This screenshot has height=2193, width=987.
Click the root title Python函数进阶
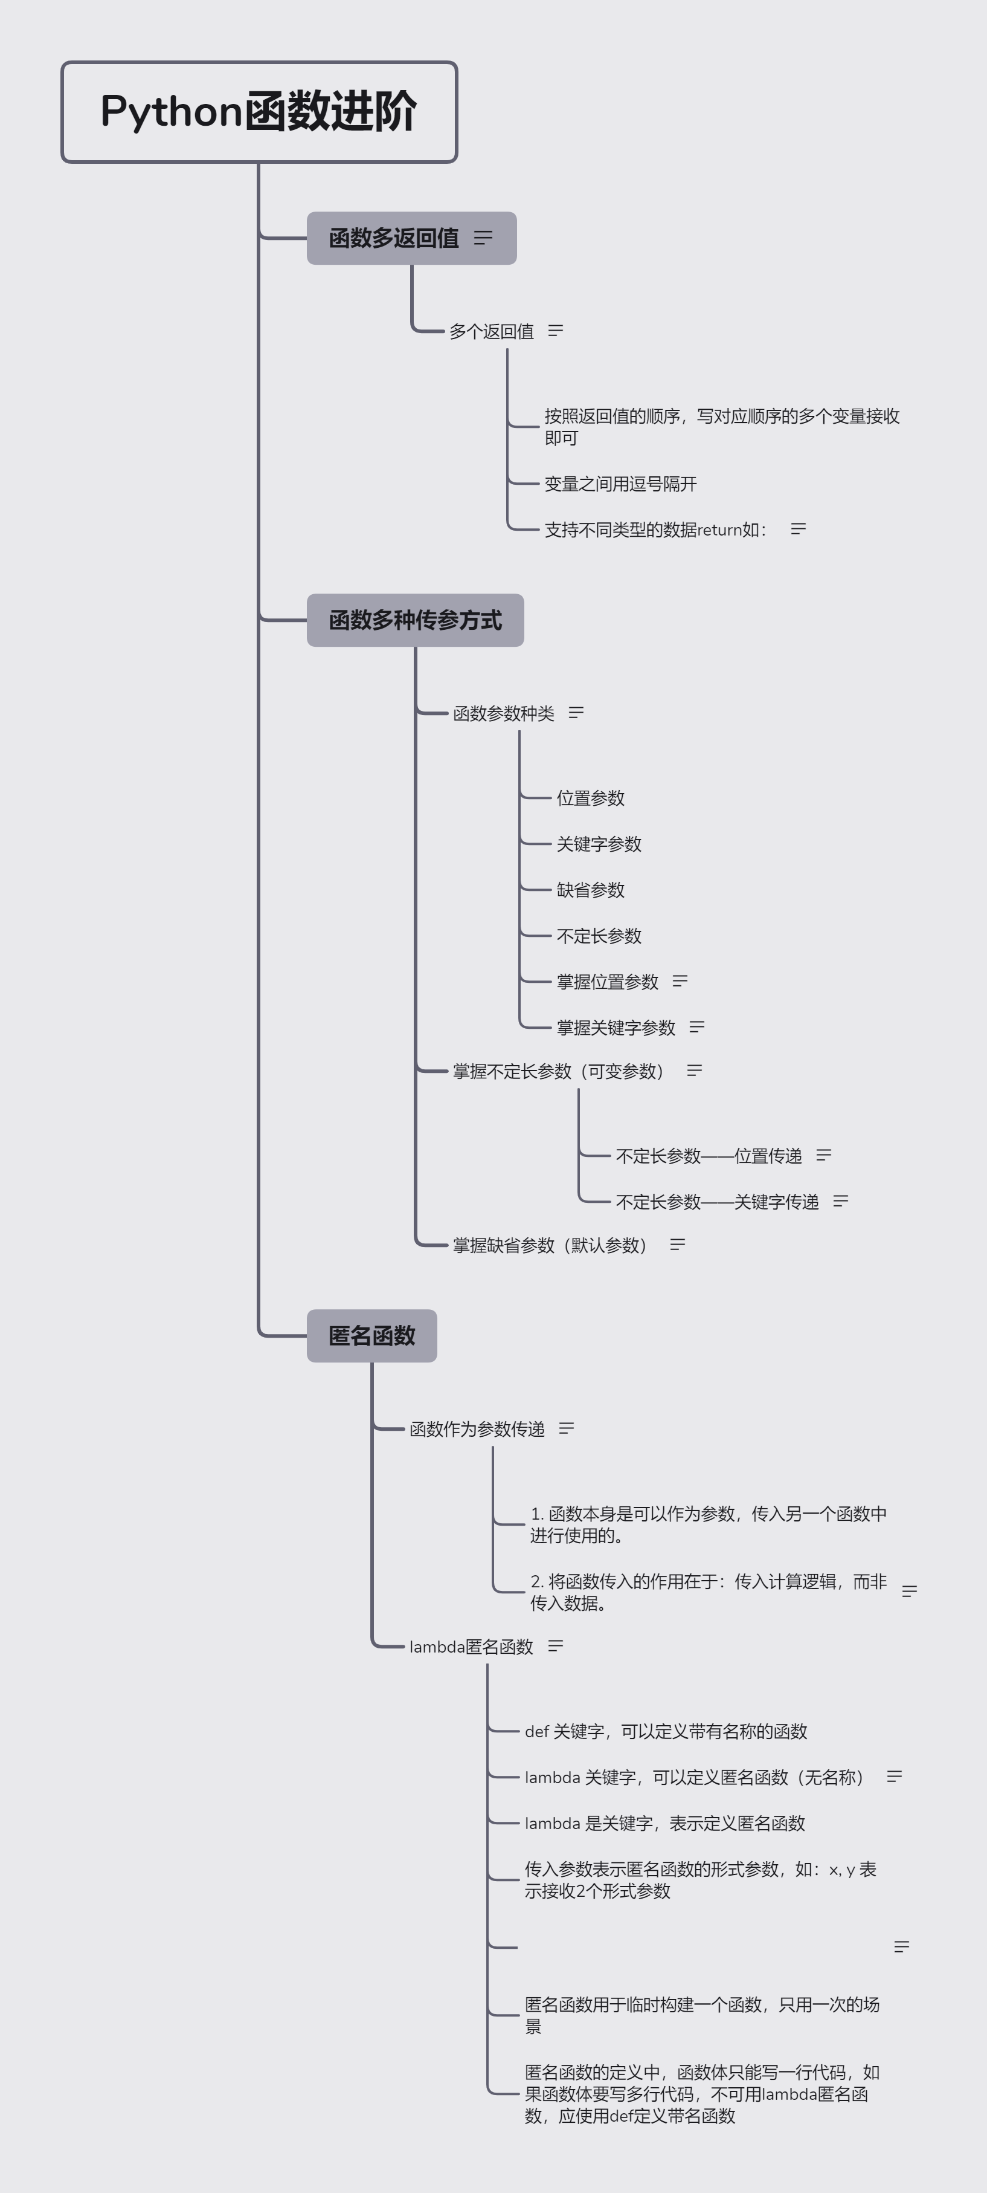click(x=259, y=111)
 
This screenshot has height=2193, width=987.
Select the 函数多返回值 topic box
click(x=411, y=238)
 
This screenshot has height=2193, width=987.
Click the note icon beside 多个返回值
click(x=556, y=330)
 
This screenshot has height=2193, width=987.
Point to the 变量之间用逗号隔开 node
click(x=620, y=484)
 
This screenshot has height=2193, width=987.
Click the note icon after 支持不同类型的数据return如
click(x=798, y=529)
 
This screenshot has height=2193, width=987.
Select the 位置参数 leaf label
click(x=591, y=798)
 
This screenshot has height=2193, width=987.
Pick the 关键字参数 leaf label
click(x=599, y=844)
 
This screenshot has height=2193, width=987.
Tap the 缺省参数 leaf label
click(x=591, y=890)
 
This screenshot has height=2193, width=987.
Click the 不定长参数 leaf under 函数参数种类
click(x=599, y=936)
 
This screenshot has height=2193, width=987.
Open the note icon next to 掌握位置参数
click(x=680, y=980)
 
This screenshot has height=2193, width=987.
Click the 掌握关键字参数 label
click(x=616, y=1028)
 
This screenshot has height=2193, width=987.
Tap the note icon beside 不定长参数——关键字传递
click(x=841, y=1201)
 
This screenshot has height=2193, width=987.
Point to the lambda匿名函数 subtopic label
click(x=471, y=1647)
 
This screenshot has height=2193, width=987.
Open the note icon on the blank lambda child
click(x=902, y=1946)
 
